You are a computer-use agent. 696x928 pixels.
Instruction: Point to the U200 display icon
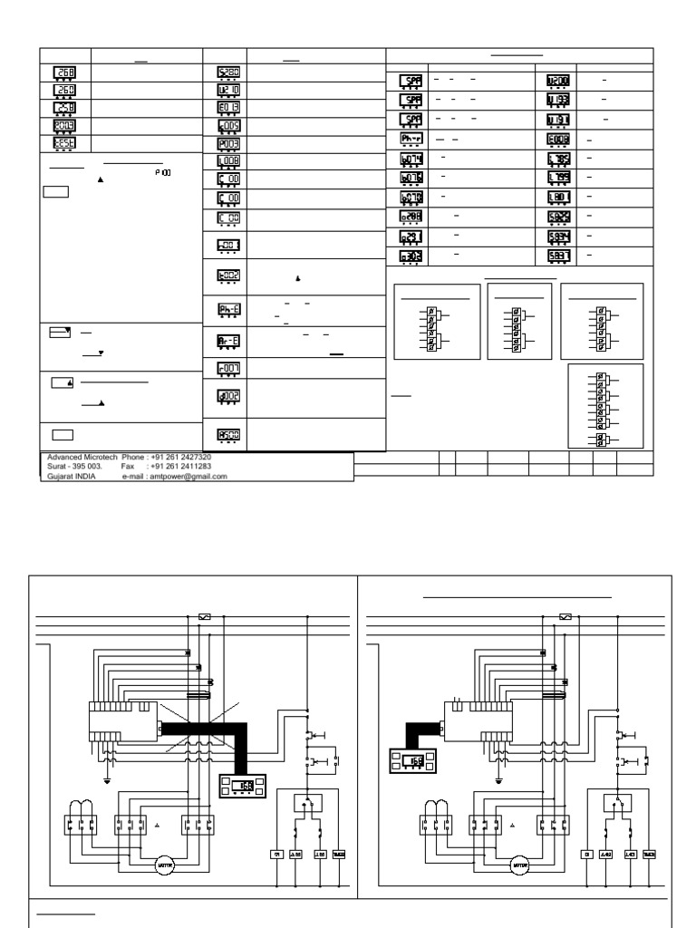click(557, 81)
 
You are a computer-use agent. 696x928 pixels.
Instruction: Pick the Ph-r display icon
click(411, 139)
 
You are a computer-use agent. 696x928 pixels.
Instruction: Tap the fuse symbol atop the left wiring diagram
click(204, 616)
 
